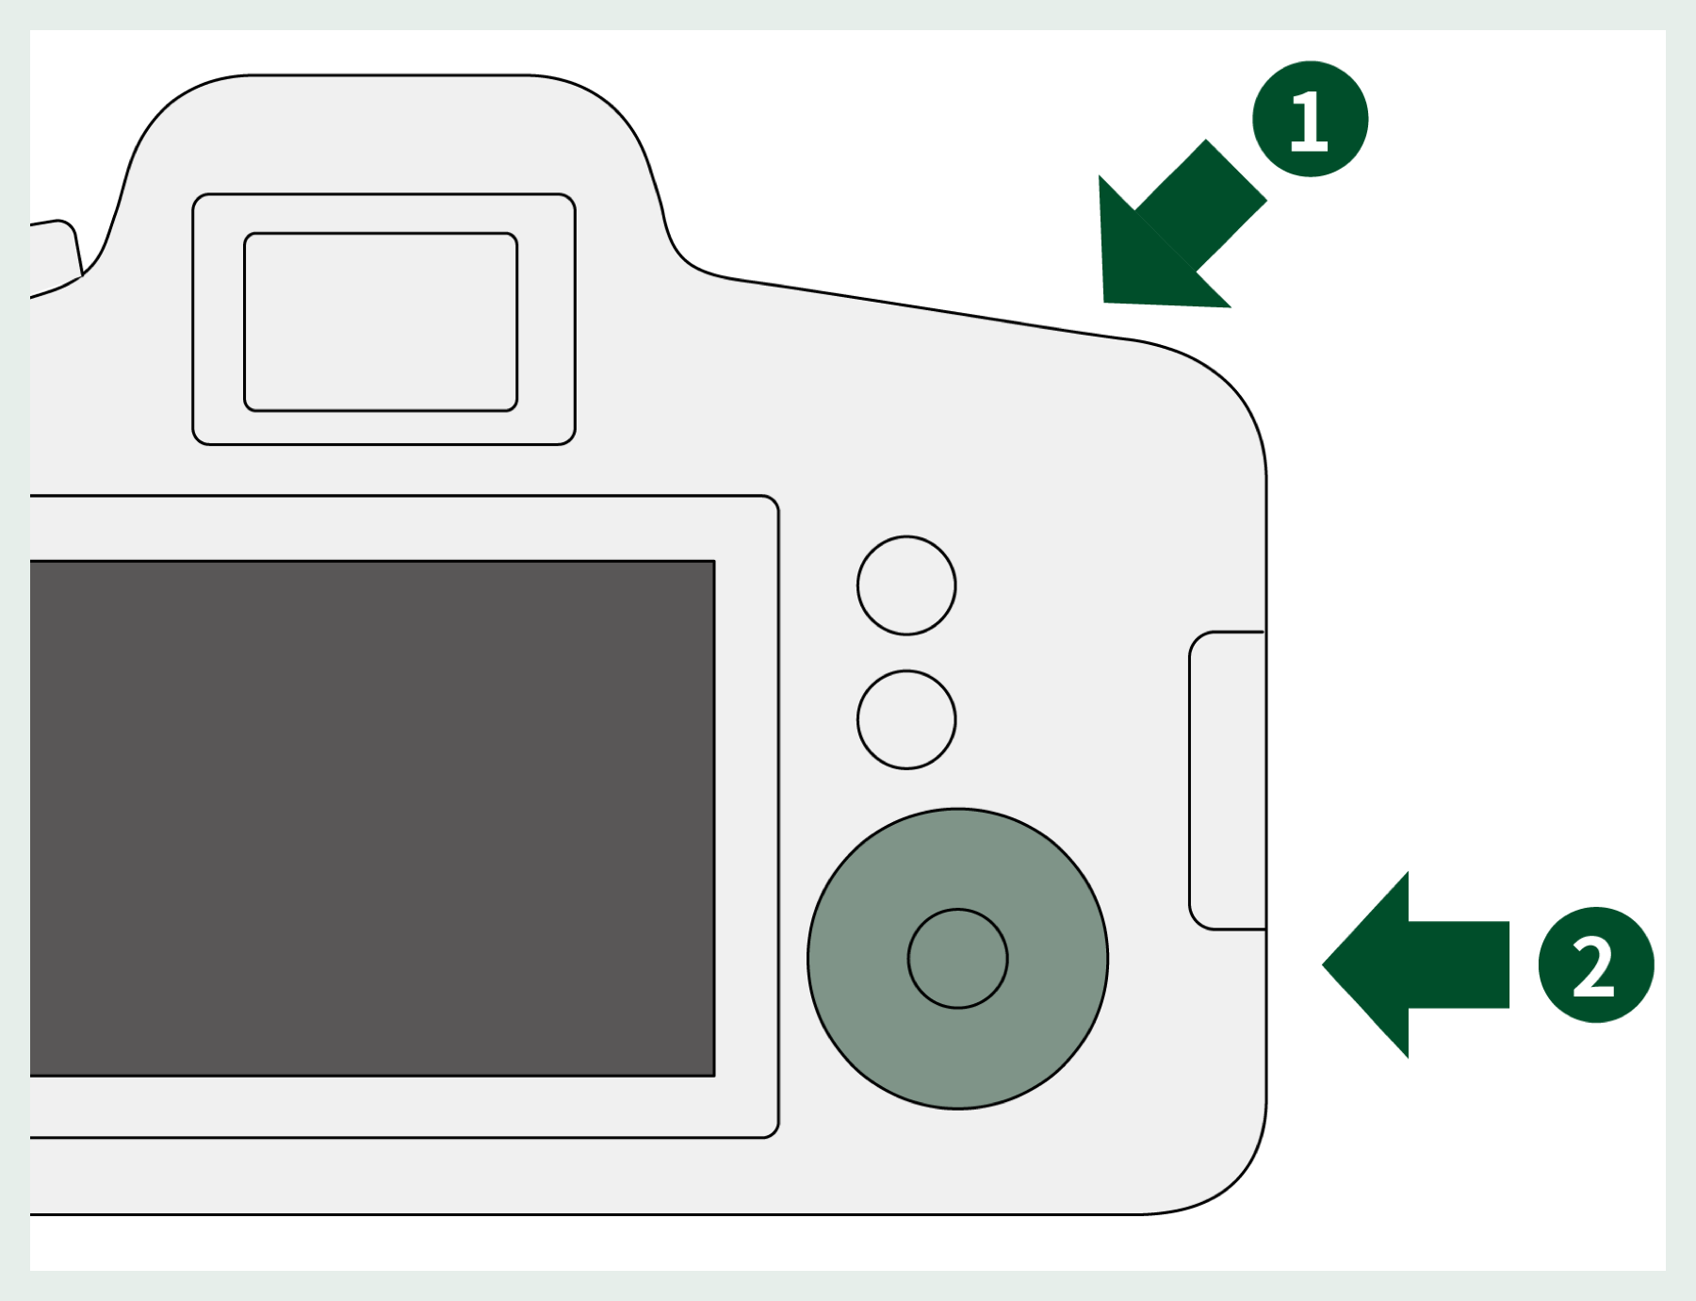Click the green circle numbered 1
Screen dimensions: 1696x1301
click(x=1310, y=119)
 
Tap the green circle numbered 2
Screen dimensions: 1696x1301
click(x=1596, y=964)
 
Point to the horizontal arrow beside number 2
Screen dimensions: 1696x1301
click(x=1415, y=964)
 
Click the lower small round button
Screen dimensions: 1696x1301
click(x=906, y=719)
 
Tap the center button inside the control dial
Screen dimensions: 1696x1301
click(x=957, y=958)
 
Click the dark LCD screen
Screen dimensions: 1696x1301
click(x=372, y=818)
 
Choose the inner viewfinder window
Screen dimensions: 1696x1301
click(x=381, y=321)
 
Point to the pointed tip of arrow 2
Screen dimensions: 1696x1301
click(x=1323, y=964)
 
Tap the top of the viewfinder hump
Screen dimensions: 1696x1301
click(x=386, y=75)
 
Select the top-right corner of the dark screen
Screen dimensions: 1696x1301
click(x=714, y=562)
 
